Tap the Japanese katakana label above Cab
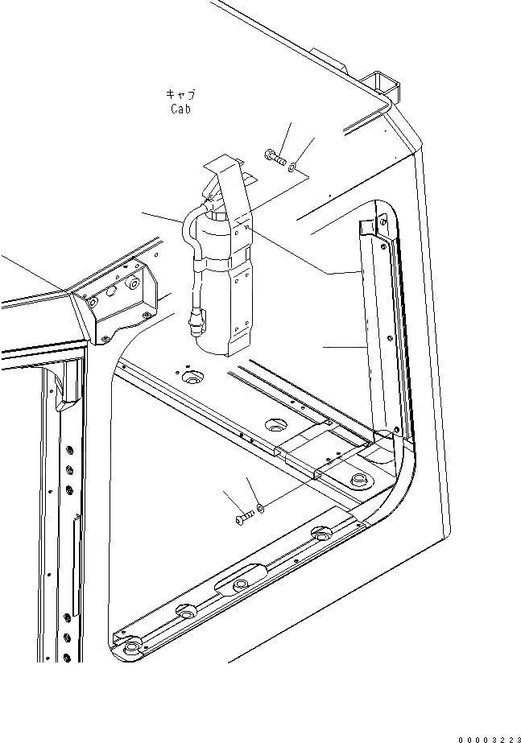click(181, 94)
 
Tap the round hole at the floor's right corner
click(357, 481)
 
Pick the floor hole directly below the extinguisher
click(192, 376)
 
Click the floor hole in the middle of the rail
click(275, 423)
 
